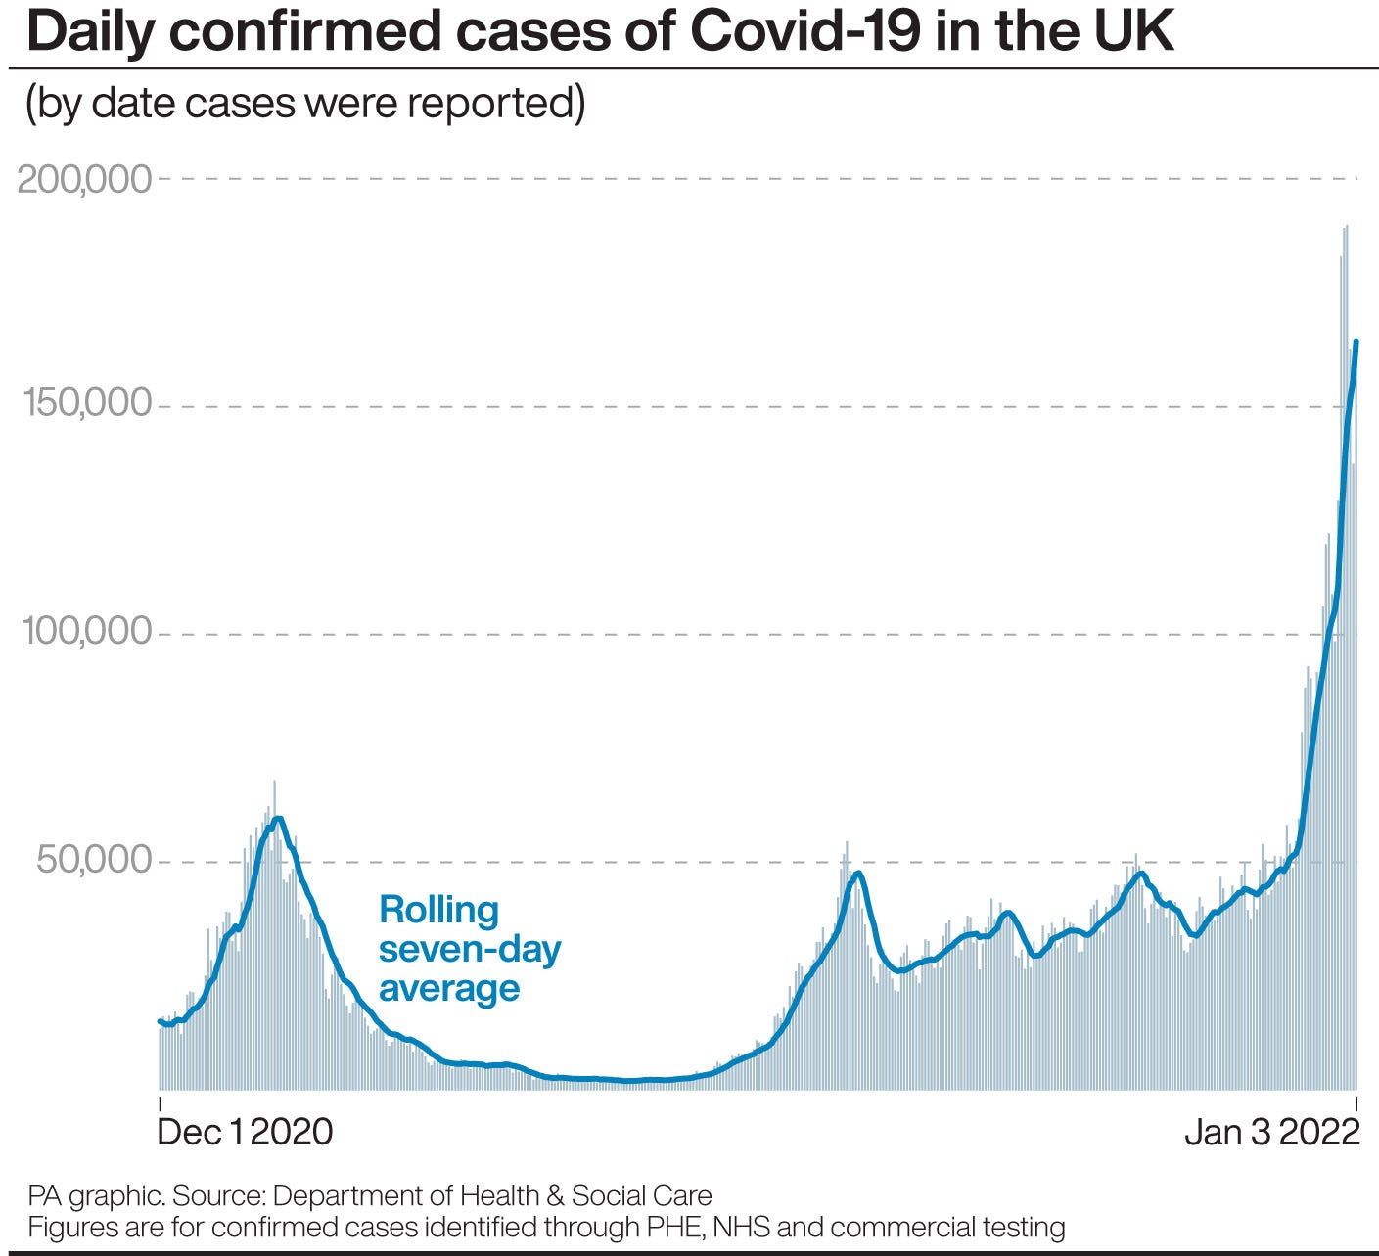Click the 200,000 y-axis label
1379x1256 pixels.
point(85,180)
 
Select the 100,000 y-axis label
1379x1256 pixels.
point(87,633)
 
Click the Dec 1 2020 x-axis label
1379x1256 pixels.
point(245,1133)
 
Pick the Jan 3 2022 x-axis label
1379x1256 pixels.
point(1271,1133)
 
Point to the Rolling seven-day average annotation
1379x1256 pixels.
point(469,949)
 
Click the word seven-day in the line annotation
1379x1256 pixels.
point(469,950)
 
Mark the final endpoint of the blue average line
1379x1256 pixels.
point(1356,342)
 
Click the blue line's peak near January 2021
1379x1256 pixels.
point(279,819)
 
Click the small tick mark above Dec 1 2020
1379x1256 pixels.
point(160,1103)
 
